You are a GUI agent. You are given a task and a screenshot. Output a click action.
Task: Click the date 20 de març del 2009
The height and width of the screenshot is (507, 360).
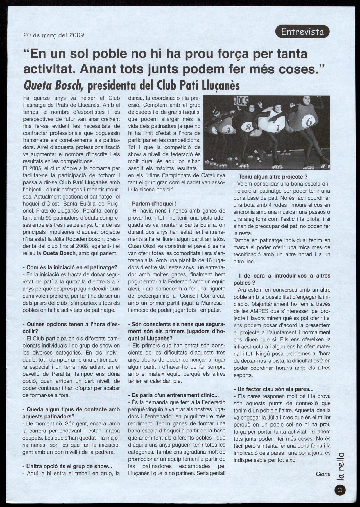coord(54,35)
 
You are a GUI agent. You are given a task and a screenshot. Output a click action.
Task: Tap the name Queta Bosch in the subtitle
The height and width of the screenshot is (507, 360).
coord(53,85)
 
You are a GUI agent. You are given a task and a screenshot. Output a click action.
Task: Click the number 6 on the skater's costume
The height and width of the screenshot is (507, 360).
coord(308,122)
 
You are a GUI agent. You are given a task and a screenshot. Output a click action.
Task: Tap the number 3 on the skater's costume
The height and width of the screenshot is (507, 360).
coord(228,130)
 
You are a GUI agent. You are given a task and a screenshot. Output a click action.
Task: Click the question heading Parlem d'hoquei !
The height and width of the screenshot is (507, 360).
coord(152,203)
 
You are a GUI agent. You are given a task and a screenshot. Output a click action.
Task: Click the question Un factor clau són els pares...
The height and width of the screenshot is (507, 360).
coord(273,389)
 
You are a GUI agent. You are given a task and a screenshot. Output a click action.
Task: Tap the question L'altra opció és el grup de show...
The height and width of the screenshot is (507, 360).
coord(67,466)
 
